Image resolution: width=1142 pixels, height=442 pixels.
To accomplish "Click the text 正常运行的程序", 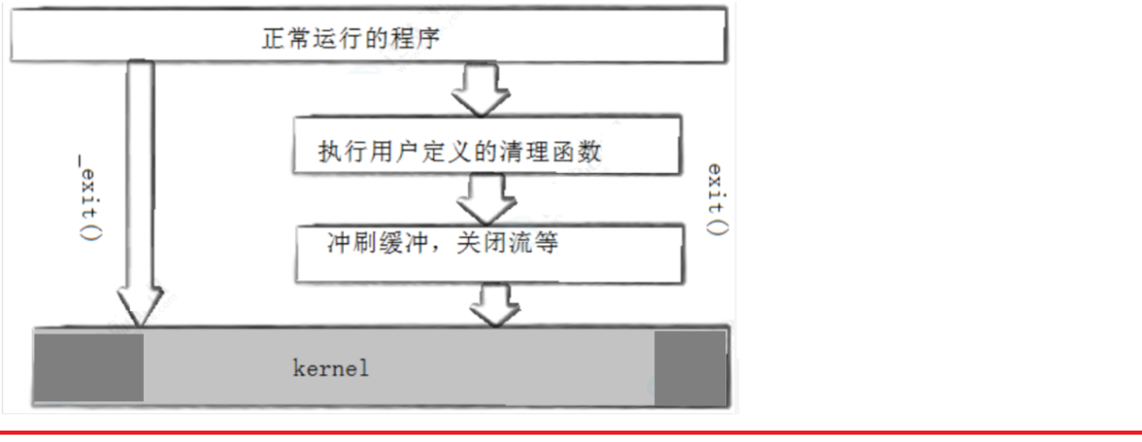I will pyautogui.click(x=350, y=38).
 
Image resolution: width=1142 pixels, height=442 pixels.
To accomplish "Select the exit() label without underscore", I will pyautogui.click(x=716, y=199).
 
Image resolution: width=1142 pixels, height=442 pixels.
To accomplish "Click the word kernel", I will pyautogui.click(x=331, y=368).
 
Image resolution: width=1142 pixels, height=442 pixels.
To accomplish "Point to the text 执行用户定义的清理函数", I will pyautogui.click(x=460, y=152).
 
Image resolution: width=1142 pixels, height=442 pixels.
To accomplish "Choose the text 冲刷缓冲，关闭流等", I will pyautogui.click(x=442, y=243).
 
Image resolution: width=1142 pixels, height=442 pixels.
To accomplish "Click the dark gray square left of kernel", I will pyautogui.click(x=88, y=367).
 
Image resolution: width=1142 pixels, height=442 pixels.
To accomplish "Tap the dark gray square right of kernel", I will pyautogui.click(x=690, y=367).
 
